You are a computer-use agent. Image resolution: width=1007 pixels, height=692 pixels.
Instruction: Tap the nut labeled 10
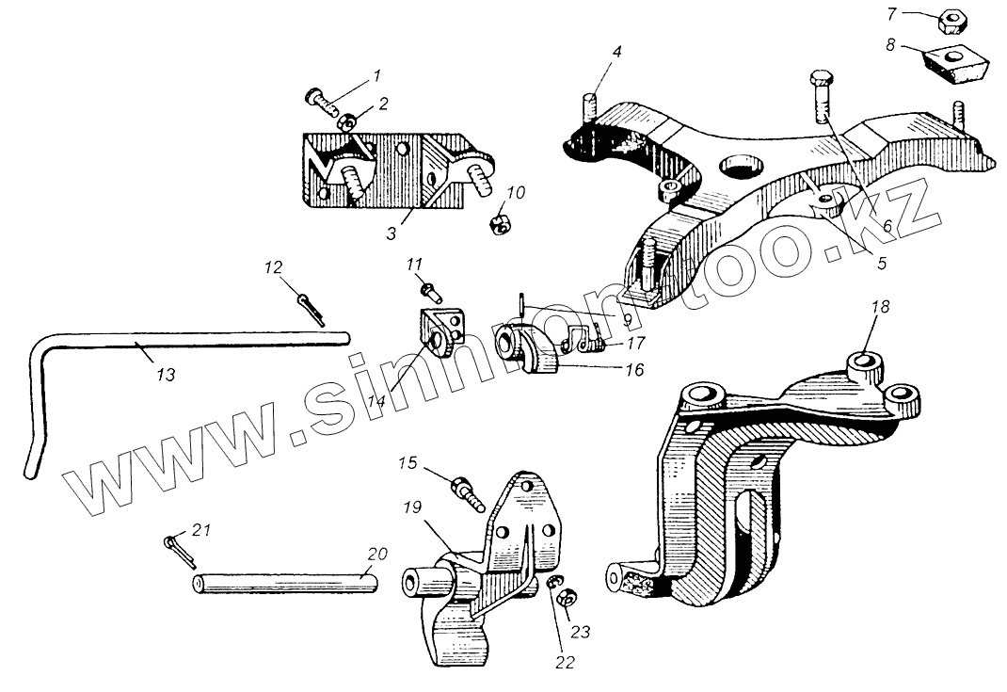coord(500,225)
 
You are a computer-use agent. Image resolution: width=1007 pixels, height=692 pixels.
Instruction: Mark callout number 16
coord(633,371)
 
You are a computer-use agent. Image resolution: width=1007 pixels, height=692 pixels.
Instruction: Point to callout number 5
coord(881,264)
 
